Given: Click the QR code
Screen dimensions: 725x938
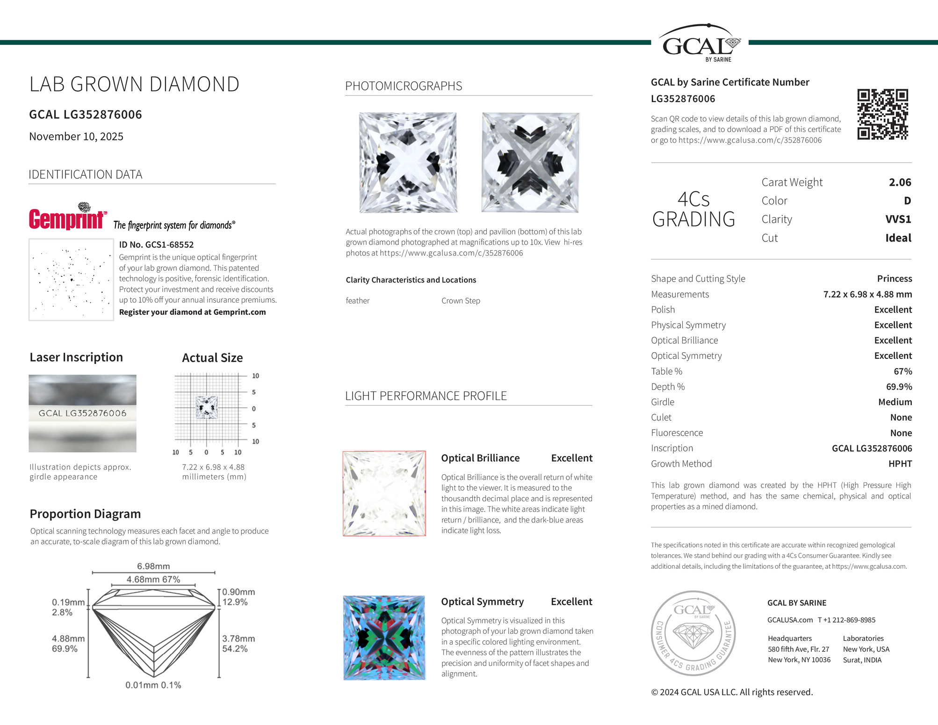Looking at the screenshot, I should (882, 114).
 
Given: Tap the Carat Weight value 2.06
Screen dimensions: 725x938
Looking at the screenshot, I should (900, 182).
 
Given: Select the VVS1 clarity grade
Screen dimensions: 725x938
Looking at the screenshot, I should (898, 219).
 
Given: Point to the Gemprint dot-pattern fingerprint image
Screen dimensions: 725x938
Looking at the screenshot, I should (71, 279).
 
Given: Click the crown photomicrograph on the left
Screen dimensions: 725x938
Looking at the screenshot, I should (408, 162).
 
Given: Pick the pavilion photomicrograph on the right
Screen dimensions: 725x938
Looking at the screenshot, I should (530, 162).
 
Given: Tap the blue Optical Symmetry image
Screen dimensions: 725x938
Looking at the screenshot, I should (384, 638).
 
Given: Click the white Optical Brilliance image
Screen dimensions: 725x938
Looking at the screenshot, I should (384, 493).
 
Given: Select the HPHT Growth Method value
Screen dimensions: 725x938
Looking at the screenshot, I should (900, 464).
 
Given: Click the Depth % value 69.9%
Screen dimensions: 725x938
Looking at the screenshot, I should (899, 387).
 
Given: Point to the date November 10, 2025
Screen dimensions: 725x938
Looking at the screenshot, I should (76, 137).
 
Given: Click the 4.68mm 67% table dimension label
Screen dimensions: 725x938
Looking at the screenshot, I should (153, 580).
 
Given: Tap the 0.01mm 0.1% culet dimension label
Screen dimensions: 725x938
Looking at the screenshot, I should (153, 685).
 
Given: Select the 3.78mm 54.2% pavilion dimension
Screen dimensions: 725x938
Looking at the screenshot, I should (238, 644).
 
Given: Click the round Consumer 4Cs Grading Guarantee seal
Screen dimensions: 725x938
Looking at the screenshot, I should (693, 633).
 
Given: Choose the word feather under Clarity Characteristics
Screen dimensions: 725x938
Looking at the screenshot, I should (358, 301).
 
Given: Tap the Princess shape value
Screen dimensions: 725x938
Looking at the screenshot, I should (894, 279).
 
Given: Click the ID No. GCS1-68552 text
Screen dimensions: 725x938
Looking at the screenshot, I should (156, 245).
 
